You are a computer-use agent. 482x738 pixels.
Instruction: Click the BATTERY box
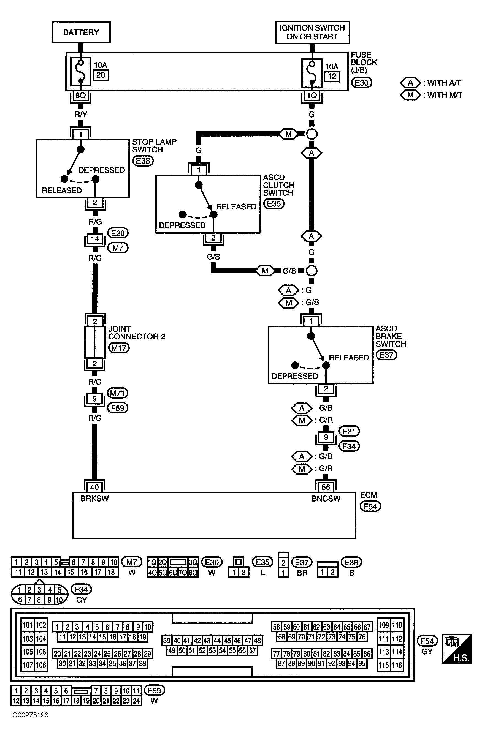click(81, 32)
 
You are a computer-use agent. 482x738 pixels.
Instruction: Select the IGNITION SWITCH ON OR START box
click(312, 32)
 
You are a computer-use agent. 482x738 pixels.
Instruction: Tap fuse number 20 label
click(101, 75)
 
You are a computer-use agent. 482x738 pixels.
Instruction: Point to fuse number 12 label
click(332, 77)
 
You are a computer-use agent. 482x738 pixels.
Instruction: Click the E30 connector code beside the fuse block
click(361, 83)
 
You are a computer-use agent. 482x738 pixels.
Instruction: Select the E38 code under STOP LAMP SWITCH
click(143, 161)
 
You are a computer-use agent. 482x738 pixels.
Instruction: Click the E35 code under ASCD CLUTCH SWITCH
click(274, 204)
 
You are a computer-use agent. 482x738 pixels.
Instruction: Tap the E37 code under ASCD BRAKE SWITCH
click(386, 355)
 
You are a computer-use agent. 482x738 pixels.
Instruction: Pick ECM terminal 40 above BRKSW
click(94, 487)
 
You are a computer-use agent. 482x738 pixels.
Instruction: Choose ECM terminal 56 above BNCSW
click(326, 487)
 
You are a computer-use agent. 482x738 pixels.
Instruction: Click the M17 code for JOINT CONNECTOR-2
click(119, 348)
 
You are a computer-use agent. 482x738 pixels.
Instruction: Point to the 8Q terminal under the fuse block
click(81, 96)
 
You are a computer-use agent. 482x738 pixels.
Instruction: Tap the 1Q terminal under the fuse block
click(312, 96)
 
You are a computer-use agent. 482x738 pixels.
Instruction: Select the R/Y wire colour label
click(81, 115)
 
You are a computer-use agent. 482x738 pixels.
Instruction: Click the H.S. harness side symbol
click(457, 649)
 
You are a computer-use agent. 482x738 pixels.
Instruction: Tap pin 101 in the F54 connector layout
click(28, 625)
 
